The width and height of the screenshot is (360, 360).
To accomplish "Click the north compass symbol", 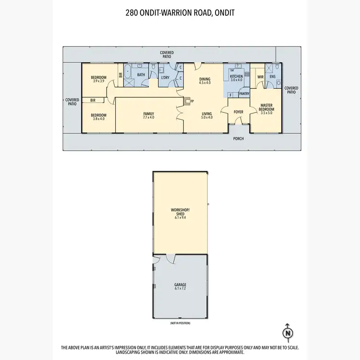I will (x=288, y=332).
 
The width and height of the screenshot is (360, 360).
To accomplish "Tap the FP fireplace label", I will (x=192, y=101).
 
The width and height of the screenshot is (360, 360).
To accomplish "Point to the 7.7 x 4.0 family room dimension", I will (x=148, y=118).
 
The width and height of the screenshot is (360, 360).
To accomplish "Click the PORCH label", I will (x=239, y=139).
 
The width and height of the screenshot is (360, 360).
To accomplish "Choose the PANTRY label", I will (x=244, y=94).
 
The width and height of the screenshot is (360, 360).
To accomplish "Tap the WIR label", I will (x=261, y=77).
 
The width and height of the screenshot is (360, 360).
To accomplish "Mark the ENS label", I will (x=272, y=77).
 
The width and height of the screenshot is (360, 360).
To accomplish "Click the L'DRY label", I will (x=165, y=77).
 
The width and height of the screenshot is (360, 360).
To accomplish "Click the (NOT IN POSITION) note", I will (x=180, y=323).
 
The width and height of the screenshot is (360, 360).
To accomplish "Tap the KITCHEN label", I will (x=237, y=77).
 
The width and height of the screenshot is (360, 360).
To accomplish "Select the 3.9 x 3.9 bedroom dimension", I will (x=99, y=81).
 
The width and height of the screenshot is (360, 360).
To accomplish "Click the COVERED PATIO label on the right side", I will (x=291, y=90).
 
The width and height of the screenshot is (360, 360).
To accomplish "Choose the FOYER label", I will (x=239, y=112).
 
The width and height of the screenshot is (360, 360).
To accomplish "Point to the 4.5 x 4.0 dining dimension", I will (x=205, y=83).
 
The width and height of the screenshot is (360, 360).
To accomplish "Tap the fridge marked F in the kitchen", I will (x=231, y=95).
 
